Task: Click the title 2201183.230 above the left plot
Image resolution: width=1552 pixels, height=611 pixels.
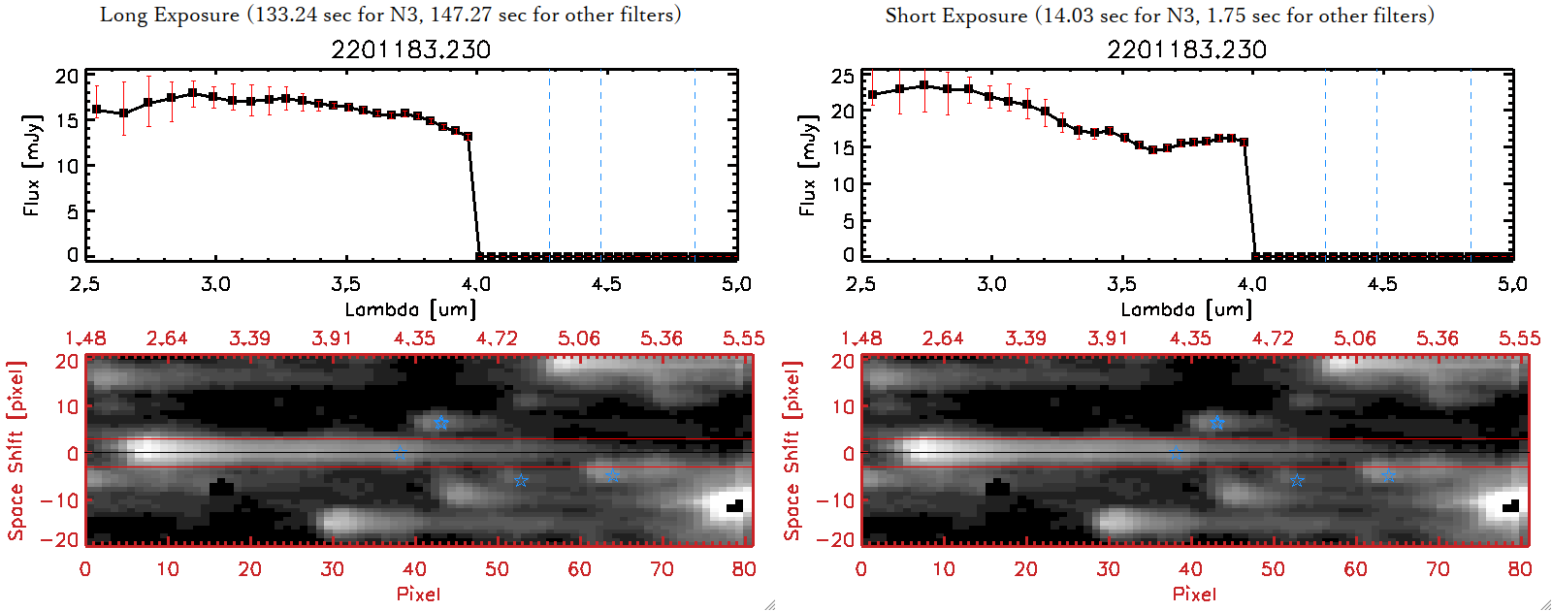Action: pos(410,49)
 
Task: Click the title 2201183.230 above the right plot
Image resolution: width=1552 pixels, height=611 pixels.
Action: pos(1186,49)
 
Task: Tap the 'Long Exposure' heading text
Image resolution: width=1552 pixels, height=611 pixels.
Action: pos(170,15)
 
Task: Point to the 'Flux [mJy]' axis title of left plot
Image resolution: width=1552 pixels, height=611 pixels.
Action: pos(32,166)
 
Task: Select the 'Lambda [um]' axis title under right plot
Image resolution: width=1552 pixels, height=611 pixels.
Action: pos(1186,309)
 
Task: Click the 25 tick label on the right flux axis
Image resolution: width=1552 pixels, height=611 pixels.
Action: pos(843,77)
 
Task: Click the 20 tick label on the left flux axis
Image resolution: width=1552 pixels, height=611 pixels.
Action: pos(67,77)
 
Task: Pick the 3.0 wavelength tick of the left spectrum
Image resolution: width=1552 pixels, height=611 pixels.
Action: pos(215,284)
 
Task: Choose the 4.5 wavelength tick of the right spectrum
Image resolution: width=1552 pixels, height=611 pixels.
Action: pos(1382,284)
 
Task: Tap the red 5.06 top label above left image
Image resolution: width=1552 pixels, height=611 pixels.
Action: pos(579,338)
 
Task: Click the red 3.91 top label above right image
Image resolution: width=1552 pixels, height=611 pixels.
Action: pos(1108,338)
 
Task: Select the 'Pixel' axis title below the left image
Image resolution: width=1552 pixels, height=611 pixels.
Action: pos(418,594)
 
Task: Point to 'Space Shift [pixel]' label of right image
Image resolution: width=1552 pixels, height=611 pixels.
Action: pos(792,451)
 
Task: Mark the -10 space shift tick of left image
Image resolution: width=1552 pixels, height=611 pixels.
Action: pos(59,499)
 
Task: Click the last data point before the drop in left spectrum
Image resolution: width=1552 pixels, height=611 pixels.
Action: pos(469,137)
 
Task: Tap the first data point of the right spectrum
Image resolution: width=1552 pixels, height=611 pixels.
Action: pos(873,95)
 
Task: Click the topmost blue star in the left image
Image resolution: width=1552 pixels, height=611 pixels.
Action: pos(441,423)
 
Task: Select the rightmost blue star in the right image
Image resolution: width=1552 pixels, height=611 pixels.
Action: pos(1388,474)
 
